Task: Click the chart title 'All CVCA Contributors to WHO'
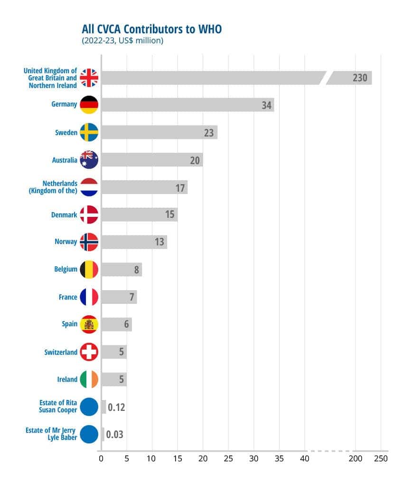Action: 151,29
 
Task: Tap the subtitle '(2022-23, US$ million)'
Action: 122,41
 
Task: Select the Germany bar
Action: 188,105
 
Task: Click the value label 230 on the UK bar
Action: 360,78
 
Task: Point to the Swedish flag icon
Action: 89,133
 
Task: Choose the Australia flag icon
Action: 89,160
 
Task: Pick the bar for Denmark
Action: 140,214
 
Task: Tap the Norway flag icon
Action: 89,242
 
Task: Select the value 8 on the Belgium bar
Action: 136,270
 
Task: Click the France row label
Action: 68,297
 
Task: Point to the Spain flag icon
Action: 89,324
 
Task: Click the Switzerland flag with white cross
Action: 89,352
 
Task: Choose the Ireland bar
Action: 114,380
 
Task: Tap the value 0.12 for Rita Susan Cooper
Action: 116,408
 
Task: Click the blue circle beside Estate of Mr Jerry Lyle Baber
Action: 89,434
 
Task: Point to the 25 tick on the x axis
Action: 228,459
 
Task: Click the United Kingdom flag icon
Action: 89,78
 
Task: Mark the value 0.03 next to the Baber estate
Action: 115,435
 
